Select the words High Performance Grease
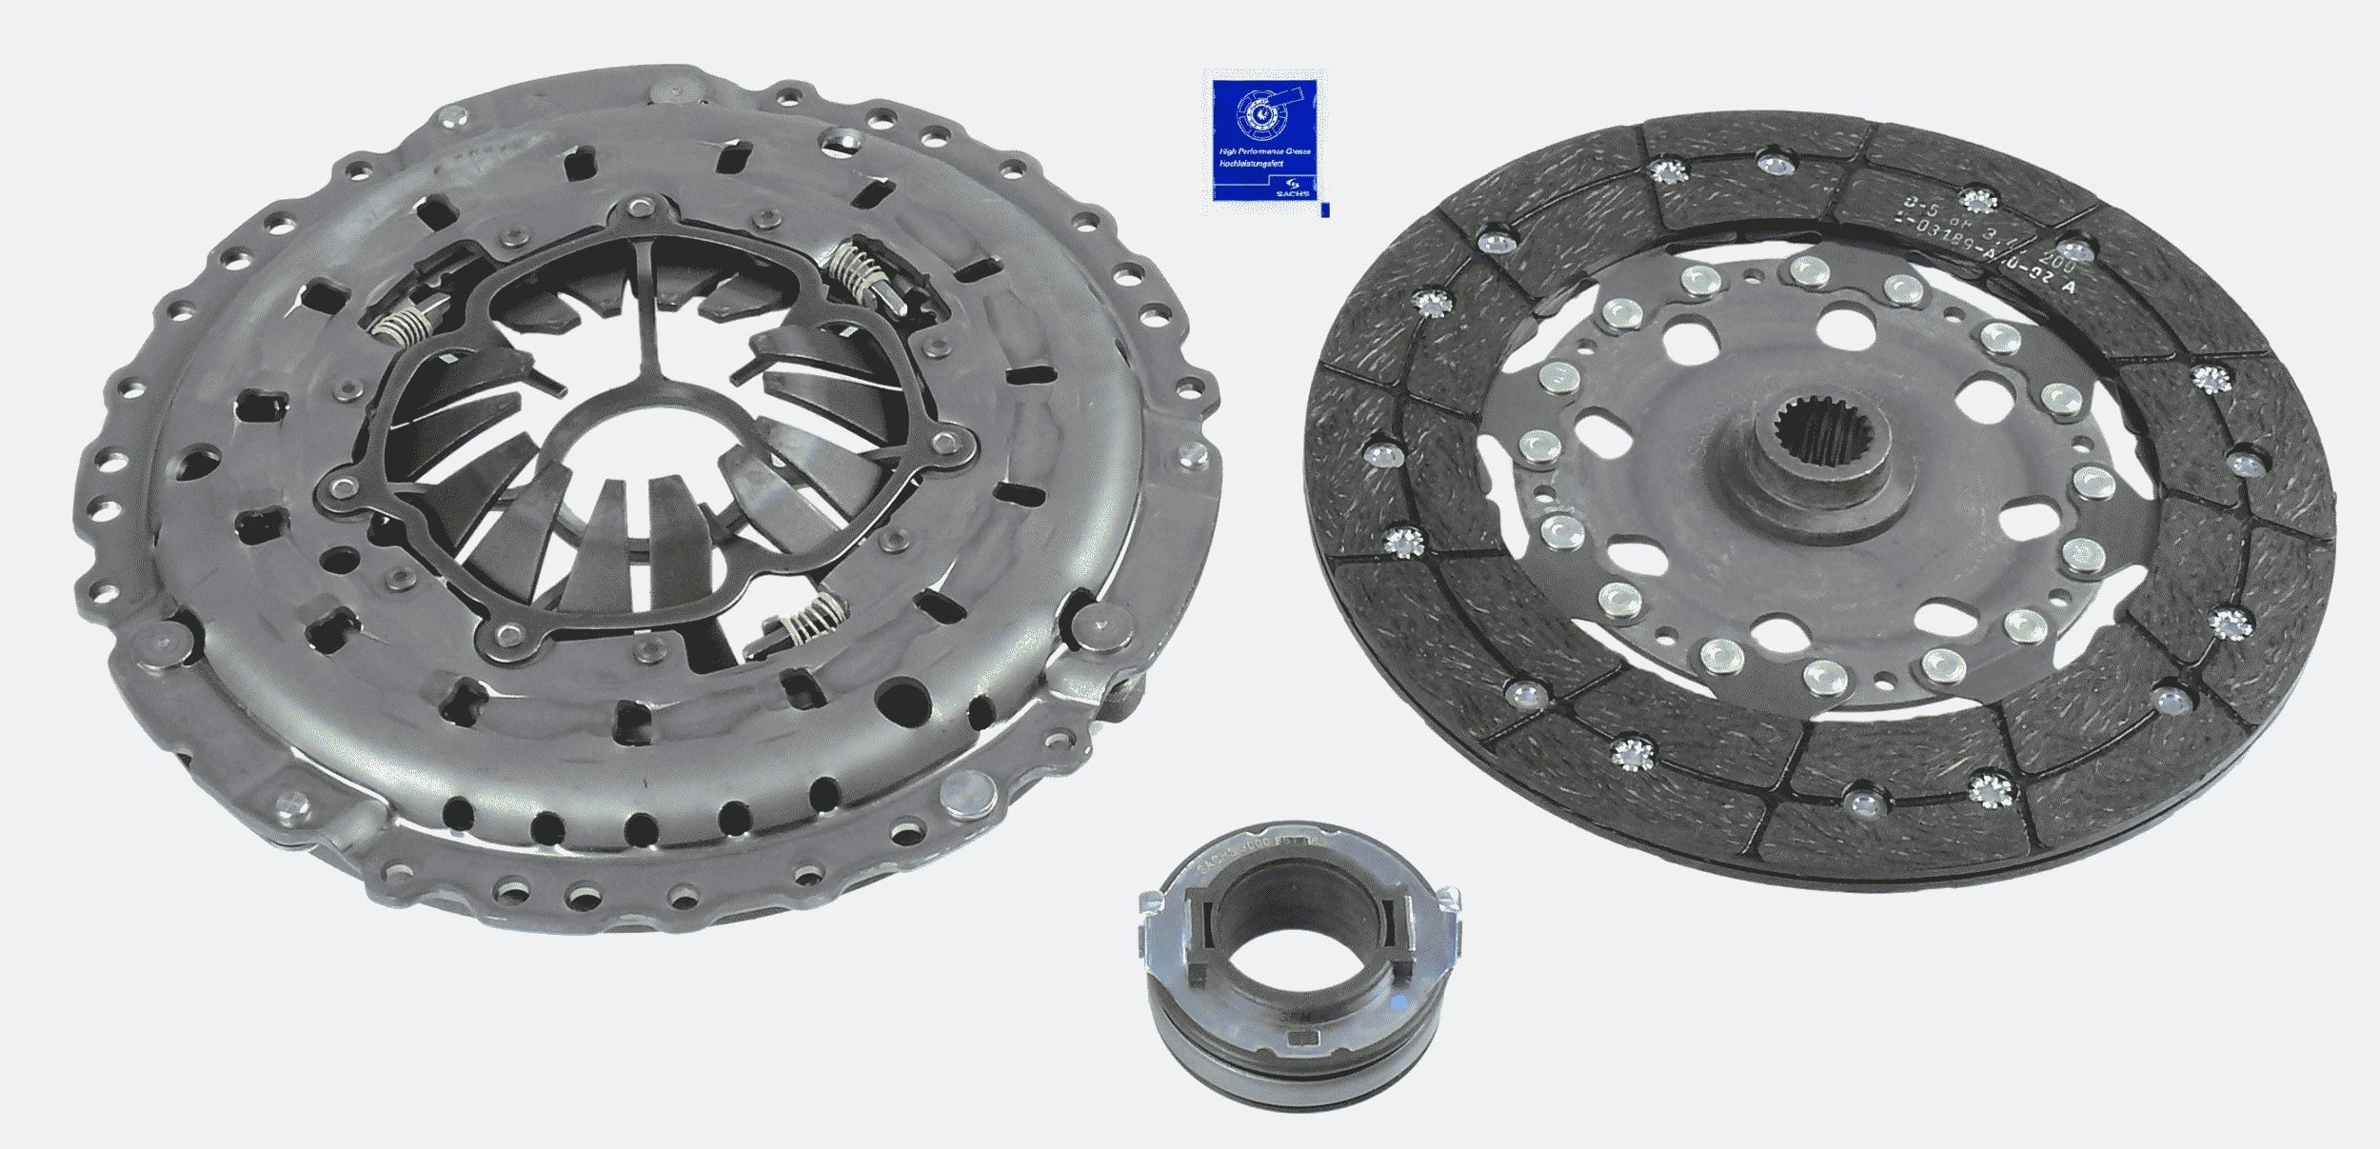tap(1265, 152)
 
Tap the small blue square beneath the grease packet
tap(1326, 209)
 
